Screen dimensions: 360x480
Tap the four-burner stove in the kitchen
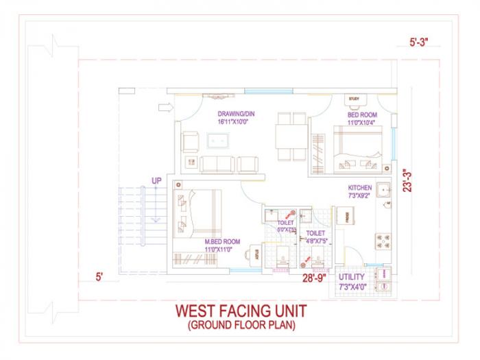[x=383, y=241]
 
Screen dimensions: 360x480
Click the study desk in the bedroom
[x=354, y=99]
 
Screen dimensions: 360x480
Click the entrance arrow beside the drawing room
[x=164, y=107]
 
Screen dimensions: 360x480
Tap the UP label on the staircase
[x=156, y=180]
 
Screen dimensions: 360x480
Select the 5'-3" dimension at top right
[x=418, y=43]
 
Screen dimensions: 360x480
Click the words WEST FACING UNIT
[x=241, y=311]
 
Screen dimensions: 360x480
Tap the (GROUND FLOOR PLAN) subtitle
[x=241, y=326]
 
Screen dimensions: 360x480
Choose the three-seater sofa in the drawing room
[x=217, y=164]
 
